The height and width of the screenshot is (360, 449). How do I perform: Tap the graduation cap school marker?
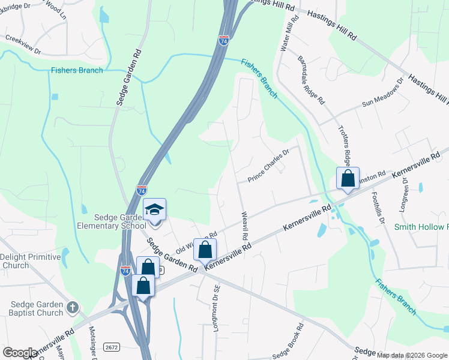point(155,210)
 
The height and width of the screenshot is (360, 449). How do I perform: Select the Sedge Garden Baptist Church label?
point(36,308)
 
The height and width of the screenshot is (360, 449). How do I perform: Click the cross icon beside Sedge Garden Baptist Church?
point(73,308)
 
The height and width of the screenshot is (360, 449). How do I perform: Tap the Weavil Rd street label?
point(244,226)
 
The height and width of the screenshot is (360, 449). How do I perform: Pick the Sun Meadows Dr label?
point(383,95)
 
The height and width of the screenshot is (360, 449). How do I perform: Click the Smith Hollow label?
point(421,227)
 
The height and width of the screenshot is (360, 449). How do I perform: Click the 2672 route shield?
point(112,347)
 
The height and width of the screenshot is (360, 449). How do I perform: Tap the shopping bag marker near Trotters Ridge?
point(348,178)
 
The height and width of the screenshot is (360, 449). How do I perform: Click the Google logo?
point(20,353)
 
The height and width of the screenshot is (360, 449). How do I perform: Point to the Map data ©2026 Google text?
point(412,355)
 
